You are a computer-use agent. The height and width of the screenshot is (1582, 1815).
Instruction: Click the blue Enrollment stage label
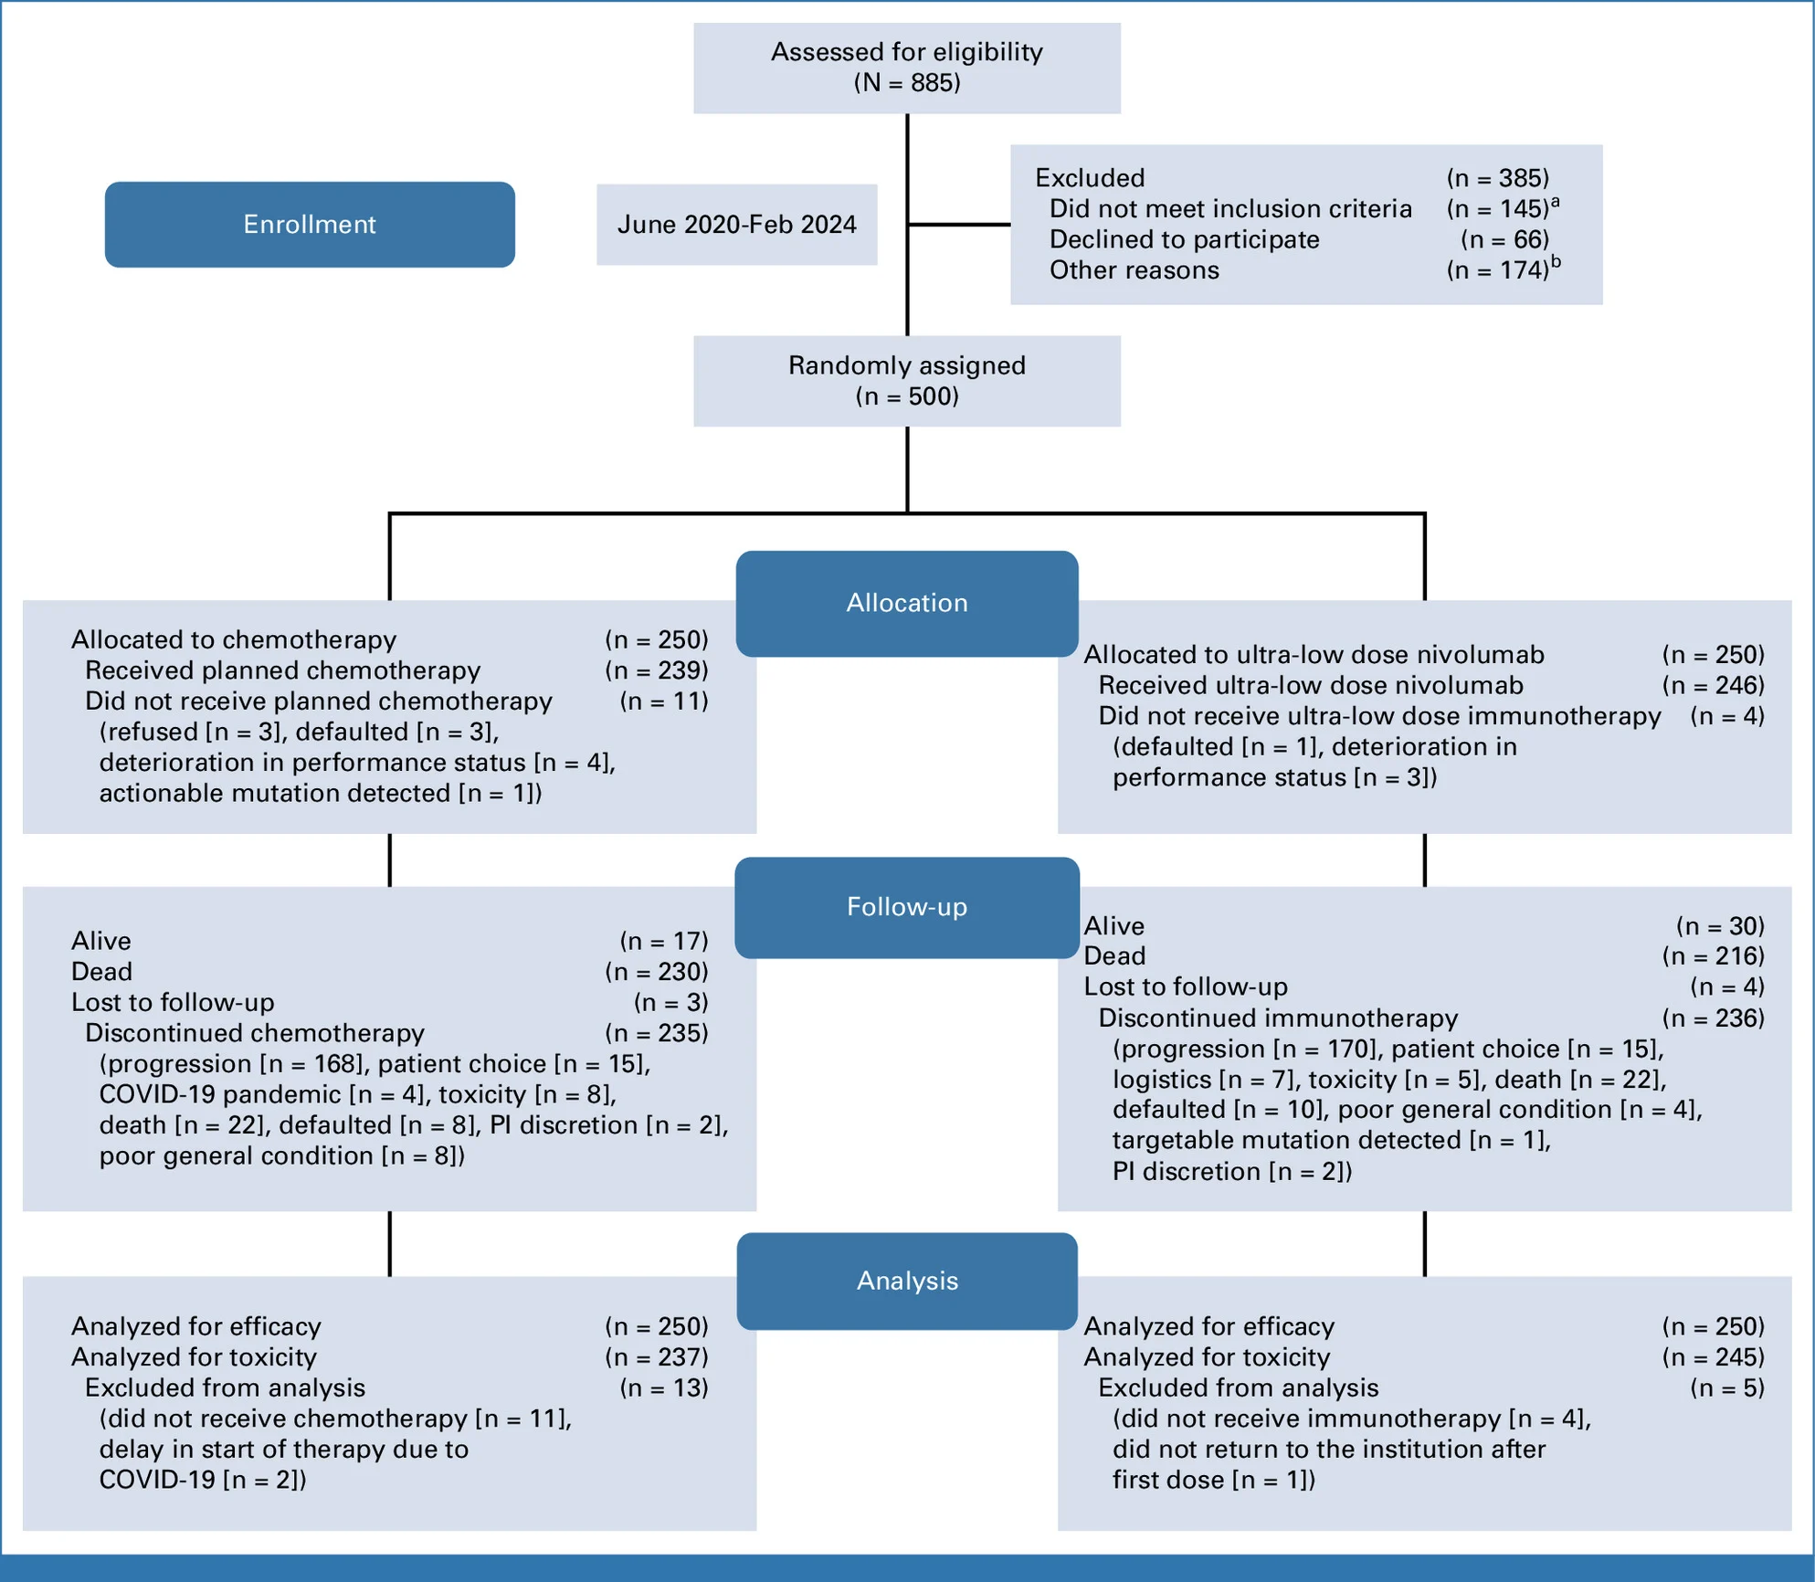(x=310, y=225)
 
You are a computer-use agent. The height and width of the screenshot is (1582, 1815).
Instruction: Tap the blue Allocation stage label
(x=907, y=603)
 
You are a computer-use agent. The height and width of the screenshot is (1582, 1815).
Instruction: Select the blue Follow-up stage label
(x=907, y=907)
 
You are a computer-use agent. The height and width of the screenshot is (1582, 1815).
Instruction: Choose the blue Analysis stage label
(x=907, y=1281)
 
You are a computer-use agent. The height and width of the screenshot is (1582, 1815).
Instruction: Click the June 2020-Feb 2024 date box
(x=737, y=225)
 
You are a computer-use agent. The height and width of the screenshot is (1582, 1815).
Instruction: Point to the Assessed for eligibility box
(x=907, y=69)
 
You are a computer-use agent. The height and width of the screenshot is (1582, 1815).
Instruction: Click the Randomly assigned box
(x=907, y=381)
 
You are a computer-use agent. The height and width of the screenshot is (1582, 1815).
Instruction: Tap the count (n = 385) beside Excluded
(x=1498, y=177)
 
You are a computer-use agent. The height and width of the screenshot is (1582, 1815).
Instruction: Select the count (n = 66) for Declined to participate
(x=1505, y=239)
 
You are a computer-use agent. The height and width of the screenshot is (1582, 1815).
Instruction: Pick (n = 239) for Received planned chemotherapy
(x=657, y=670)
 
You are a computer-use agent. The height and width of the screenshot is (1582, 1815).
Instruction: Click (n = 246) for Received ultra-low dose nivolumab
(x=1714, y=685)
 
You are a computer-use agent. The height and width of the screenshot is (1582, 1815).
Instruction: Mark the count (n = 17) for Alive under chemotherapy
(x=664, y=941)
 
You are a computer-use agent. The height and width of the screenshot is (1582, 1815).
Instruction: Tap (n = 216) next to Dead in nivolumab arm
(x=1714, y=956)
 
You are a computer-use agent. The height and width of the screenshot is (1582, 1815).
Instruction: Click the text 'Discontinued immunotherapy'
(x=1278, y=1018)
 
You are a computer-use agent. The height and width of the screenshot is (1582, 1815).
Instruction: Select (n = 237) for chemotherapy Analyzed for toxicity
(x=657, y=1357)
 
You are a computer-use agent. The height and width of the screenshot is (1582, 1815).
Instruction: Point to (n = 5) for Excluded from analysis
(x=1727, y=1388)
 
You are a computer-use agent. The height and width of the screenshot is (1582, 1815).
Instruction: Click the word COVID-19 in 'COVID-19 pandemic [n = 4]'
(x=156, y=1094)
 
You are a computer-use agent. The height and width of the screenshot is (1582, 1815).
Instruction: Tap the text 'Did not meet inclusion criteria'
(x=1230, y=209)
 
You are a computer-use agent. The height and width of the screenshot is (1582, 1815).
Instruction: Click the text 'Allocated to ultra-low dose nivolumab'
(x=1314, y=655)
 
